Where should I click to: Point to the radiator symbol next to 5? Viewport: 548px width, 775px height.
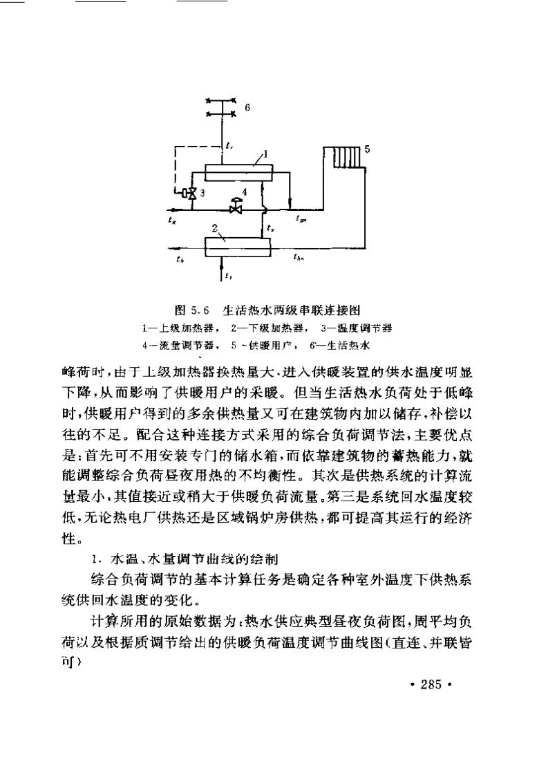tap(343, 156)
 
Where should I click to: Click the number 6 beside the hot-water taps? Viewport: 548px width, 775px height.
tap(248, 108)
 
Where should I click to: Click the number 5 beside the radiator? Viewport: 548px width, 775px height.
tap(367, 148)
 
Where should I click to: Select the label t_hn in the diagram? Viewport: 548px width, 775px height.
tap(299, 258)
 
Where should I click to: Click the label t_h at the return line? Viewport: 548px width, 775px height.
tap(180, 259)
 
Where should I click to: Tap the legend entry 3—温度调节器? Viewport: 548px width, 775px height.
tap(360, 326)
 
